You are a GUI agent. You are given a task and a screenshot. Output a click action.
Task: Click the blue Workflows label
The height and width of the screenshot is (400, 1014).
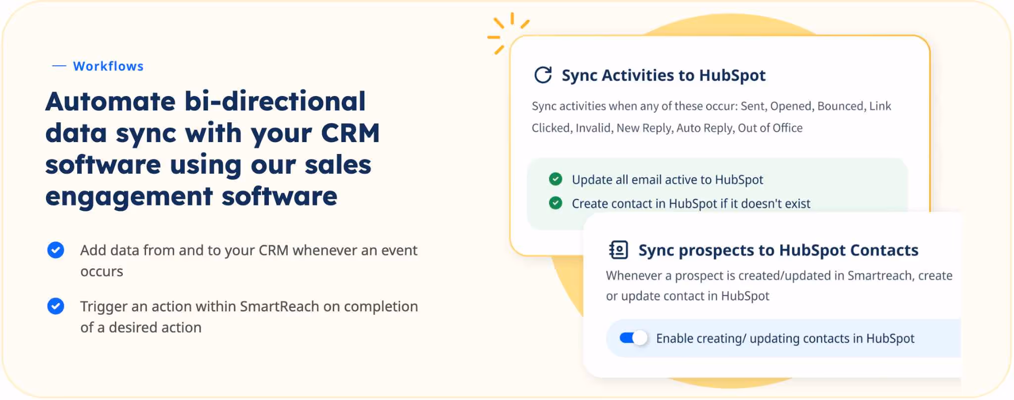pos(108,66)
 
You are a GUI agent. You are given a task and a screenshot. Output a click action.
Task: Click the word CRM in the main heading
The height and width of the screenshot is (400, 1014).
pos(350,133)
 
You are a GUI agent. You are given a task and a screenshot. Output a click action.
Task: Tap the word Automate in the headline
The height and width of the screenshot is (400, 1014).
pos(110,101)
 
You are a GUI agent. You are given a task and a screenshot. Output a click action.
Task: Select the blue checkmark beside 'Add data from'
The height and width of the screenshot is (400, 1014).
pos(55,250)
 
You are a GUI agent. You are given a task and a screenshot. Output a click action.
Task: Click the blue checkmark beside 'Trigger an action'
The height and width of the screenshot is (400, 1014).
pos(55,306)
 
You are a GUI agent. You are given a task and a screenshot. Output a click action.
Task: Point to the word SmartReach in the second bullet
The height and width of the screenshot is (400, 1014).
pos(279,306)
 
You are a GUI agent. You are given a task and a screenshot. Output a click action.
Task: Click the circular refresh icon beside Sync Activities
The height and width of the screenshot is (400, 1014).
pos(543,75)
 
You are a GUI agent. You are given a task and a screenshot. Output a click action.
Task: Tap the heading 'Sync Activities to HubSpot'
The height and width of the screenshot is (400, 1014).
pos(663,75)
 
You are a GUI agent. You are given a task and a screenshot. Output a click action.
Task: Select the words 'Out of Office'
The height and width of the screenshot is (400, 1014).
pos(770,128)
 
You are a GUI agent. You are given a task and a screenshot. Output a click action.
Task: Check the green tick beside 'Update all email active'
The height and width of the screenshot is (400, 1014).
pos(556,179)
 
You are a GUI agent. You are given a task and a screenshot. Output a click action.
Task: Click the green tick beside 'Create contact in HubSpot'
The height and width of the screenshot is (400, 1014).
pos(556,203)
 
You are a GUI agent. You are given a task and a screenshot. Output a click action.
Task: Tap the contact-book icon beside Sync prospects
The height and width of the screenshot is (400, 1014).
pos(618,250)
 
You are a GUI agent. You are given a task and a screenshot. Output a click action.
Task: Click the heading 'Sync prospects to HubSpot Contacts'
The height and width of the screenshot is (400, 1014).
pos(778,250)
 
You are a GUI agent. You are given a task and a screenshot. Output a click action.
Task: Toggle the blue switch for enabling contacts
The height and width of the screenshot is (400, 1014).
pos(633,338)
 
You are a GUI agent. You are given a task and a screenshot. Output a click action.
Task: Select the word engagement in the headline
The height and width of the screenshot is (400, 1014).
pos(129,197)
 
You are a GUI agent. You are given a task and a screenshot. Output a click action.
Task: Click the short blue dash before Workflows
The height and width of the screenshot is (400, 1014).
pos(59,66)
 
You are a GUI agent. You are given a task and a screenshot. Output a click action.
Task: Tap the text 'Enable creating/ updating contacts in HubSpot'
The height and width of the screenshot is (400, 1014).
pos(785,339)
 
